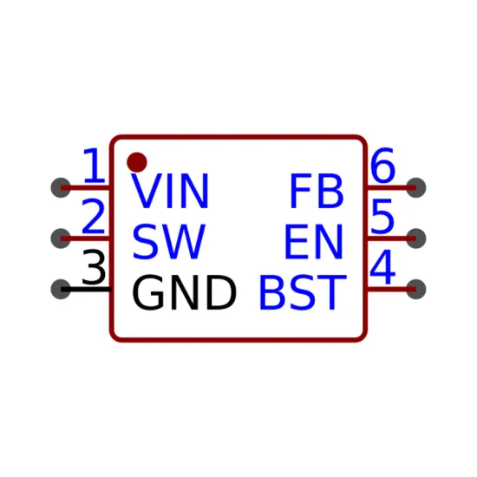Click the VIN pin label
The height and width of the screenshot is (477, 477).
[x=170, y=191]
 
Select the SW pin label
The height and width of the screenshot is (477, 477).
[x=169, y=242]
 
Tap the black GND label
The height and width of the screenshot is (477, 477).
[x=184, y=292]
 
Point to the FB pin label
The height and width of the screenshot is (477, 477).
[x=317, y=191]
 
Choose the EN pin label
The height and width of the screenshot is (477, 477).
[x=314, y=242]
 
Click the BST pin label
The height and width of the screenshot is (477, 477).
[x=303, y=292]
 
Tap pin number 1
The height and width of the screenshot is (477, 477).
[x=94, y=166]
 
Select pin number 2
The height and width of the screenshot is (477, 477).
[x=94, y=216]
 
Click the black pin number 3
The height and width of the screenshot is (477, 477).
[x=94, y=267]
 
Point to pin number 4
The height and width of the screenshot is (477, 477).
[x=382, y=267]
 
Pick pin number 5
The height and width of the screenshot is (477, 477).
[x=382, y=216]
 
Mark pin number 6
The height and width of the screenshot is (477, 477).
[x=382, y=166]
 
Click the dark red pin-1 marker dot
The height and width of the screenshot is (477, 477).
[x=137, y=162]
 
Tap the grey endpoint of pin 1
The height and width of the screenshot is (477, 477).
[x=61, y=187]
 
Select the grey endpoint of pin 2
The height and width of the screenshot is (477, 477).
[x=61, y=238]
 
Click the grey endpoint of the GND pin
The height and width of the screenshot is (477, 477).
[x=61, y=289]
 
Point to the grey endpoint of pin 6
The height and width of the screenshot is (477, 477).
[x=415, y=187]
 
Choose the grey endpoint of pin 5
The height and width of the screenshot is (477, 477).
[x=415, y=238]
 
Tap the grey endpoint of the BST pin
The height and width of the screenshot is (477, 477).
[x=415, y=289]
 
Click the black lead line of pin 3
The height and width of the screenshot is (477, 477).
[x=86, y=289]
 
